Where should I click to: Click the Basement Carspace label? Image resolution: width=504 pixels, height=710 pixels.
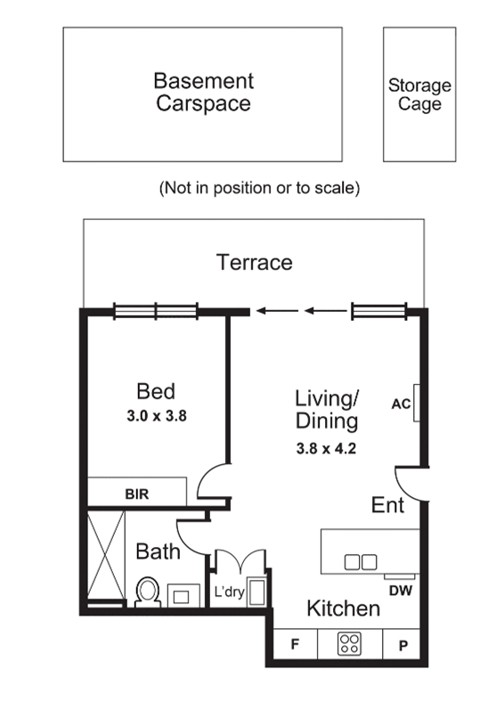coord(203,93)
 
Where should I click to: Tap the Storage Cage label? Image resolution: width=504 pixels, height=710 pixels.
coord(419,94)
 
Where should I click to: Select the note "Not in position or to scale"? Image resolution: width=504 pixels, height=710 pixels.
coord(259,187)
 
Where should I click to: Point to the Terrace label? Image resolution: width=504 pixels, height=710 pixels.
coord(255,263)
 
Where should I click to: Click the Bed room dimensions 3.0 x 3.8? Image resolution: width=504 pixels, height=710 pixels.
coord(157,416)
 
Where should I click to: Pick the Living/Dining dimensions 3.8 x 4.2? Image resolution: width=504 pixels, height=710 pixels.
coord(326,449)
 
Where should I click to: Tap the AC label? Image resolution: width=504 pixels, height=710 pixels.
coord(401,404)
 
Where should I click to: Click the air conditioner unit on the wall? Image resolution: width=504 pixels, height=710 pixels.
coord(417,403)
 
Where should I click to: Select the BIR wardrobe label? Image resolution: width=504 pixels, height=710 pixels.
coord(137,494)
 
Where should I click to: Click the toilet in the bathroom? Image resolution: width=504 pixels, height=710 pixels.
coord(148,592)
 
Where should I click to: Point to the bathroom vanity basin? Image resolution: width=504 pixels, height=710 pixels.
coord(183,595)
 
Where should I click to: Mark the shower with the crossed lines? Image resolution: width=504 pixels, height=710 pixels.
coord(106,555)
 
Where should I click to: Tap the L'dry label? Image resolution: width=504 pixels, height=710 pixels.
coord(230,592)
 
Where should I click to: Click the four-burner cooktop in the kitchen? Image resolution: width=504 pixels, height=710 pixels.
coord(350,644)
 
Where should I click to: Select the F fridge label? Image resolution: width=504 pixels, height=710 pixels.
coord(295,644)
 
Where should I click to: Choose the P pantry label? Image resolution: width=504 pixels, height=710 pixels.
coord(403,645)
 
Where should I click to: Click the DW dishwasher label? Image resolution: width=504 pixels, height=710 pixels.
coord(401,591)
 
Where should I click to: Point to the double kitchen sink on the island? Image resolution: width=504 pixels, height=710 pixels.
coord(361,562)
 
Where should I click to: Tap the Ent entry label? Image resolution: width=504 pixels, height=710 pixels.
coord(387,505)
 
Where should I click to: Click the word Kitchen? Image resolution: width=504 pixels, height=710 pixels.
coord(344,608)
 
